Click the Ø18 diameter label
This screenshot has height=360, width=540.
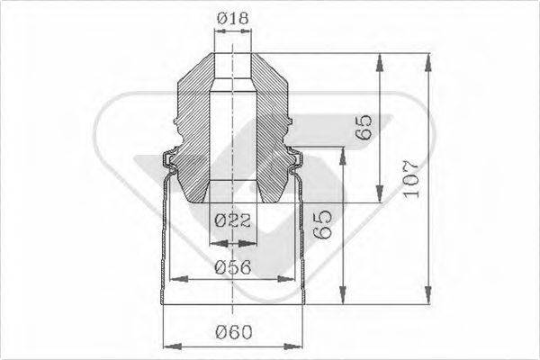[x=232, y=17]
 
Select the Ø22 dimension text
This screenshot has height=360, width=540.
[x=232, y=219]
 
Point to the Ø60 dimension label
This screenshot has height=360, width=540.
[x=232, y=332]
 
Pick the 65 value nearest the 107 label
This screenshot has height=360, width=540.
[x=364, y=127]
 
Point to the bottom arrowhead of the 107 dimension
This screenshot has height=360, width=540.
[x=427, y=297]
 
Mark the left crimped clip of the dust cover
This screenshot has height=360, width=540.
[x=168, y=162]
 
